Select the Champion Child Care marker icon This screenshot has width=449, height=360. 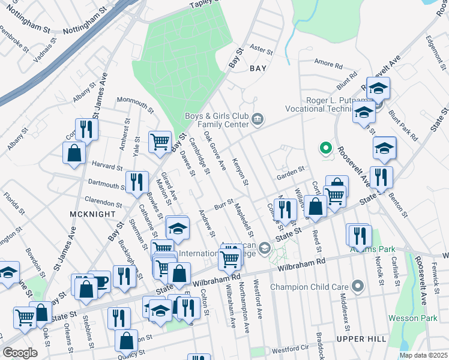point(358,286)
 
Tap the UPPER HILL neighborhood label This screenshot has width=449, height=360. point(361,339)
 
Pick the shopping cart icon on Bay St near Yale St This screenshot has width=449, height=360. point(160,142)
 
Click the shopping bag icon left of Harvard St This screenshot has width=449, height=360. point(74,152)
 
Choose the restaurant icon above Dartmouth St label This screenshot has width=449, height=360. point(137,181)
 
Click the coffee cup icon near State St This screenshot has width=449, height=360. point(100,281)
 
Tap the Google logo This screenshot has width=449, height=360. point(20,353)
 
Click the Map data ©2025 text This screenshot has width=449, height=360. point(423,355)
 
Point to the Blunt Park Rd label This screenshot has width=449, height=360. point(403,122)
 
